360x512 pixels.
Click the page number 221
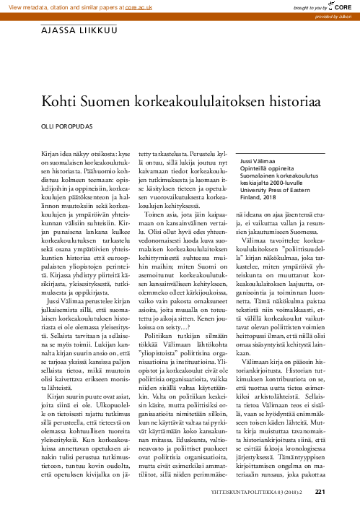[x=321, y=494]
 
